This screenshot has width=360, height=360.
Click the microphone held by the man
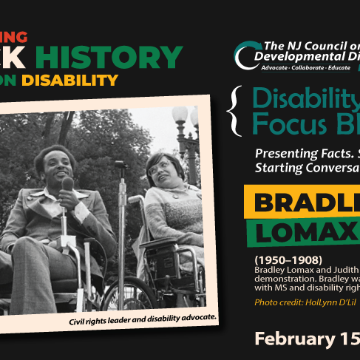click(x=67, y=185)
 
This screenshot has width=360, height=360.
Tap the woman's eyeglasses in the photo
click(x=158, y=169)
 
